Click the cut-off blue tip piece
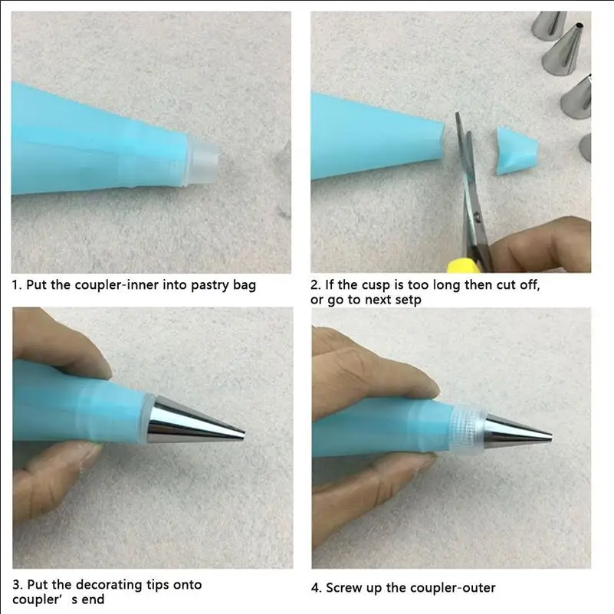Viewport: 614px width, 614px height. pyautogui.click(x=517, y=150)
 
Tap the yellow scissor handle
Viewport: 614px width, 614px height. pyautogui.click(x=463, y=267)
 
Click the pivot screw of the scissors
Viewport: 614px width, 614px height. pyautogui.click(x=477, y=215)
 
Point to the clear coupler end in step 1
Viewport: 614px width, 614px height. pyautogui.click(x=204, y=162)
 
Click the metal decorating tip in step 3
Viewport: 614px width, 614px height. pyautogui.click(x=195, y=421)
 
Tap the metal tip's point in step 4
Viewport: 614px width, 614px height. pyautogui.click(x=551, y=436)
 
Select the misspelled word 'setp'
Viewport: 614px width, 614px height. pyautogui.click(x=408, y=300)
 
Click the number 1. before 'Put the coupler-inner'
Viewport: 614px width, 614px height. pyautogui.click(x=16, y=284)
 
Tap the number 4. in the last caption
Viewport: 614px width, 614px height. pyautogui.click(x=317, y=588)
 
